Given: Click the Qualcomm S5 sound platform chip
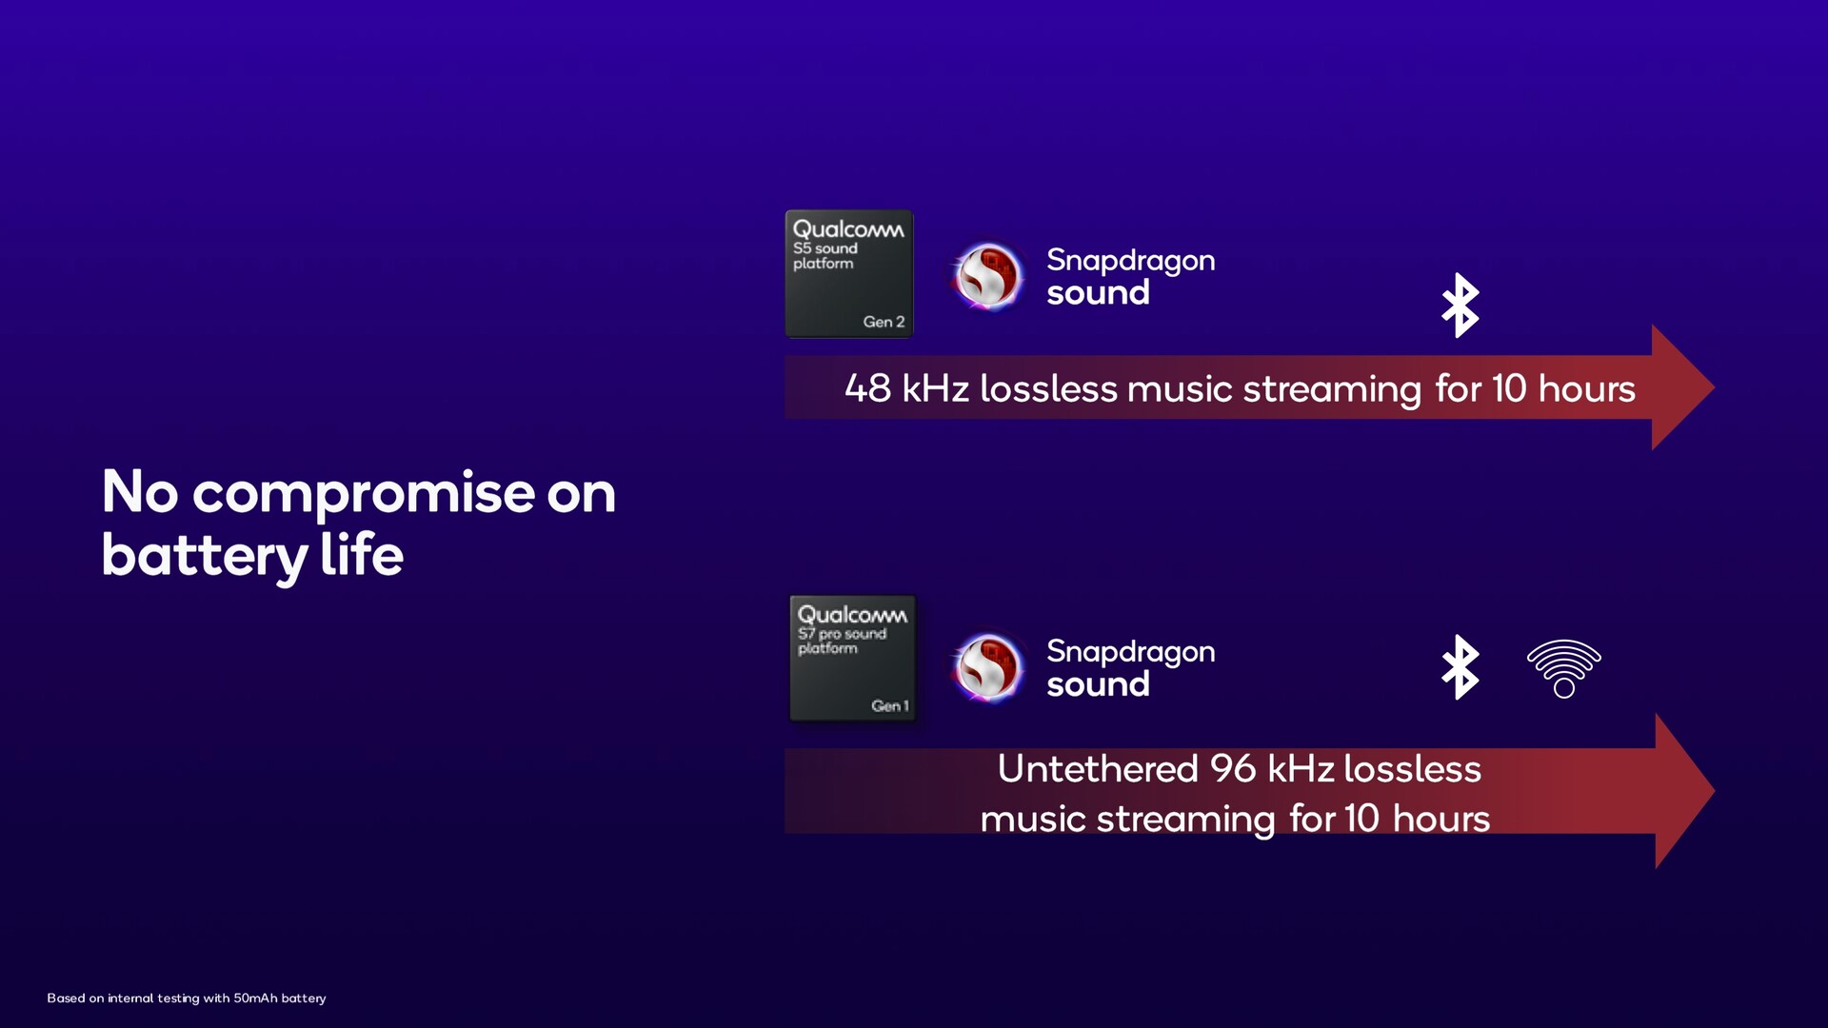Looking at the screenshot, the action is (849, 274).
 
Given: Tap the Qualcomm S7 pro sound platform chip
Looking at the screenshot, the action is (853, 659).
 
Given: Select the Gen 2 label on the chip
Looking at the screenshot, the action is (884, 322).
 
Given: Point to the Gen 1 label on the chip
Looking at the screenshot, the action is (890, 705).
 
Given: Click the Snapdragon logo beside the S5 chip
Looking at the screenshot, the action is (988, 276).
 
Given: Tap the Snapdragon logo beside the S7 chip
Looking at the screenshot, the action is (988, 667).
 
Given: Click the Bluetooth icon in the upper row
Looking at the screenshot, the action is (1460, 306).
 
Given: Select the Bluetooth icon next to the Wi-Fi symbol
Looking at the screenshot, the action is (1460, 667).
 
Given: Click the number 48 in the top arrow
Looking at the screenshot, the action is (867, 388).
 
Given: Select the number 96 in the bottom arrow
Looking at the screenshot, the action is (1233, 769).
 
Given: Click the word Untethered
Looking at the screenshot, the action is (1098, 769).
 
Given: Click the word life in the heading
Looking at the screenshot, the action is (362, 554).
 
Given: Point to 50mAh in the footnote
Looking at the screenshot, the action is (255, 998).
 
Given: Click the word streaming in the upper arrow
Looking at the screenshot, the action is (1332, 390).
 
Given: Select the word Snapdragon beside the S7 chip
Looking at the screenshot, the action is (1131, 653).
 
